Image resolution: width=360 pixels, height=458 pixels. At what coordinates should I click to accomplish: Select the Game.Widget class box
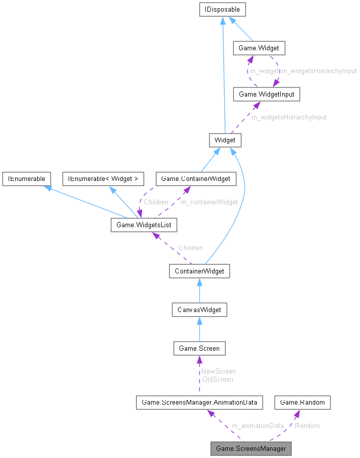pyautogui.click(x=259, y=48)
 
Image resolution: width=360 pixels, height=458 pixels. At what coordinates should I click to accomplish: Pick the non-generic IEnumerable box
pyautogui.click(x=26, y=178)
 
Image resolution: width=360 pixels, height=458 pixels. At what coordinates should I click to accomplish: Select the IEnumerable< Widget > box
pyautogui.click(x=103, y=178)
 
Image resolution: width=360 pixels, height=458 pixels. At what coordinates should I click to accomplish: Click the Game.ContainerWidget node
pyautogui.click(x=196, y=178)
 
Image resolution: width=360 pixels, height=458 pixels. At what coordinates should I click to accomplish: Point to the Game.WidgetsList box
pyautogui.click(x=144, y=225)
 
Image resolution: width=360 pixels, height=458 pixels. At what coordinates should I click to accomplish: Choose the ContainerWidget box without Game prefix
pyautogui.click(x=199, y=271)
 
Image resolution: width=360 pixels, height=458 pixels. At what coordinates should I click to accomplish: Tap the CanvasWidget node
pyautogui.click(x=199, y=310)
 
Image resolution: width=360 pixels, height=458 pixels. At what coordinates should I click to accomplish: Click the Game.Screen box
pyautogui.click(x=199, y=348)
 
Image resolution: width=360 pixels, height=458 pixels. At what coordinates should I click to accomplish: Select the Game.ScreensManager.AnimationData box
pyautogui.click(x=199, y=403)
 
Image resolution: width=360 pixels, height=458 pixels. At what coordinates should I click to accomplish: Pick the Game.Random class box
pyautogui.click(x=303, y=403)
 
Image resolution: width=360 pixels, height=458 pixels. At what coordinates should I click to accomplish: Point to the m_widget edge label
pyautogui.click(x=264, y=71)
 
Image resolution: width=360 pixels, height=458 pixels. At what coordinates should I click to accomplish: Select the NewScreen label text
pyautogui.click(x=218, y=371)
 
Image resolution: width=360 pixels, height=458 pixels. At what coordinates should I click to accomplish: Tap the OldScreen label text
pyautogui.click(x=217, y=379)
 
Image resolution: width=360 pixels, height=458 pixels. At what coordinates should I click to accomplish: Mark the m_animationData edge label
pyautogui.click(x=257, y=425)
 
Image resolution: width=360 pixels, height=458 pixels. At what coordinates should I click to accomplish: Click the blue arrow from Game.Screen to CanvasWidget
pyautogui.click(x=199, y=329)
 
